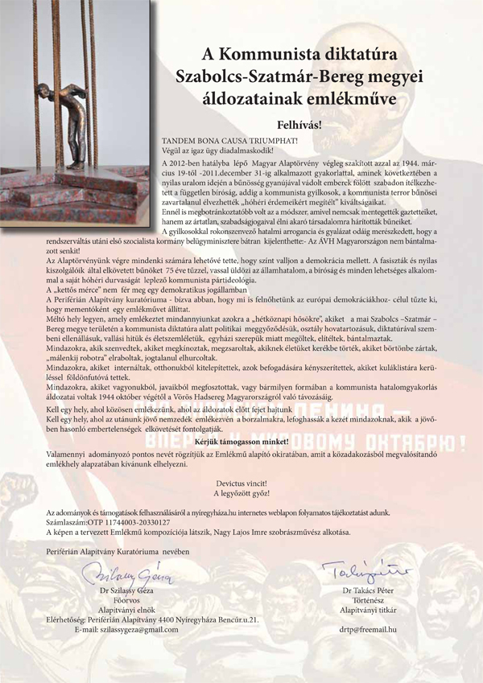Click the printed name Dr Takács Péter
(365, 592)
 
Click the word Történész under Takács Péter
(365, 602)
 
